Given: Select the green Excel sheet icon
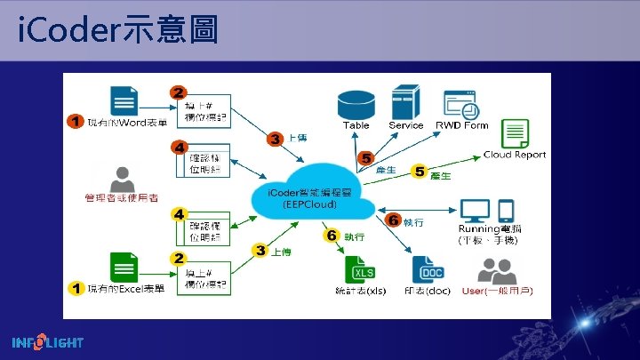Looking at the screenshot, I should click(x=123, y=267).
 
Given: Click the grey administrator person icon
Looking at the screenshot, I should click(x=121, y=177).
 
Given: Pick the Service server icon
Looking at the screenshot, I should click(x=405, y=102).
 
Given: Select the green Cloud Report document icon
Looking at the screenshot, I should click(x=516, y=133).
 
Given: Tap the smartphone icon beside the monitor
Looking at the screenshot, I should click(x=506, y=211).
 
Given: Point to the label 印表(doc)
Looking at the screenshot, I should click(x=426, y=291).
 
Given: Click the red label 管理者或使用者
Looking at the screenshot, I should click(x=122, y=196).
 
